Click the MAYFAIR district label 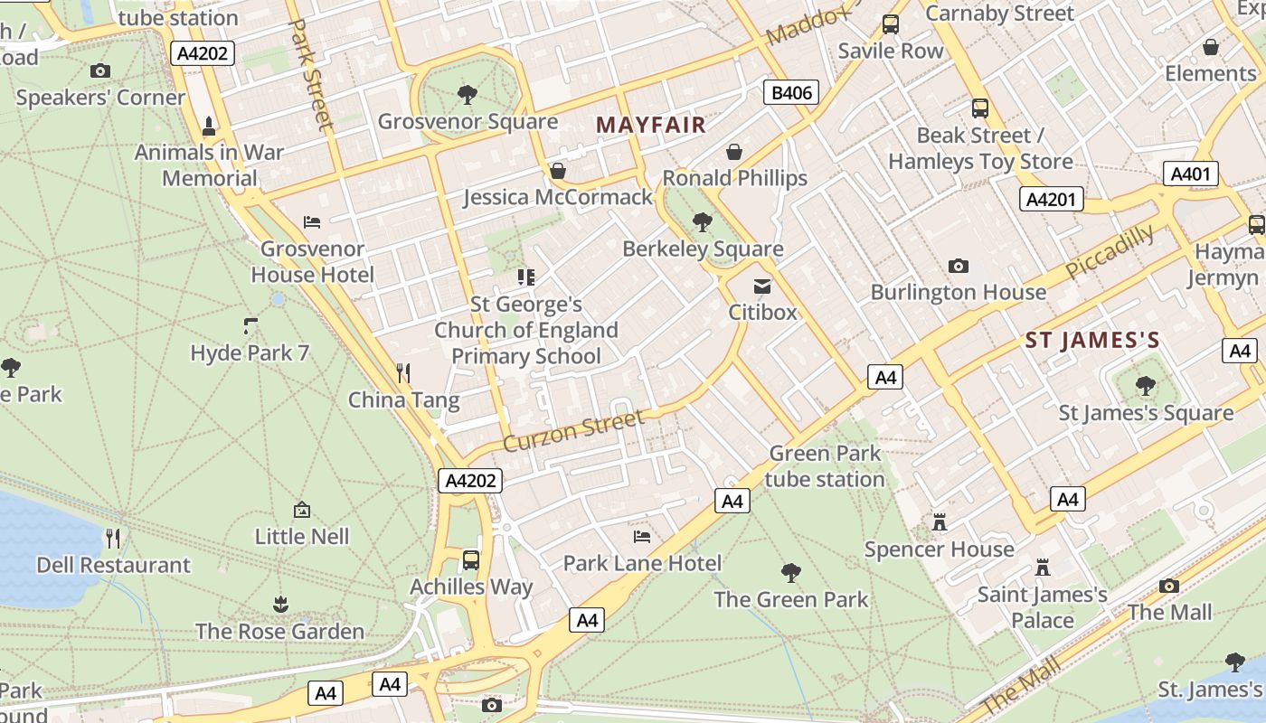[x=650, y=125]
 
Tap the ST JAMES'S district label [x=1092, y=341]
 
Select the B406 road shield [x=792, y=92]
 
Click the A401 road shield [x=1190, y=174]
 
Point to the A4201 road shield [x=1052, y=199]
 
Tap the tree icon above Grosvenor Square [x=468, y=94]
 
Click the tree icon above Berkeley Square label [x=702, y=221]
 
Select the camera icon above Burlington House [x=959, y=266]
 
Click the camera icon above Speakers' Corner [x=100, y=70]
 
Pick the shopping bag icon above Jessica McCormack [x=558, y=171]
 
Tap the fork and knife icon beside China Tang [x=403, y=372]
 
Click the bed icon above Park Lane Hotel [x=642, y=537]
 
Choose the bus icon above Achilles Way [x=471, y=559]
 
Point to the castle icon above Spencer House [x=940, y=522]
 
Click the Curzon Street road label [x=573, y=430]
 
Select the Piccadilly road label [x=1110, y=252]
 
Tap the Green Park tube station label [x=824, y=466]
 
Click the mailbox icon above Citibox [x=762, y=286]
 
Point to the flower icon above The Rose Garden [x=280, y=604]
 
